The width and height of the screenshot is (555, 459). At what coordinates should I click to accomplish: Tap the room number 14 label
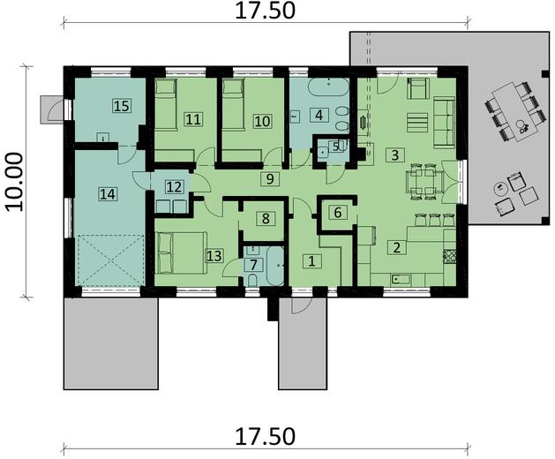point(108,192)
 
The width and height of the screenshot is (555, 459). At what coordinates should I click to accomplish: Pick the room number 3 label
point(396,154)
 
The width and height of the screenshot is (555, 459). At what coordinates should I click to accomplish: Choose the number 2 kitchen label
point(397,248)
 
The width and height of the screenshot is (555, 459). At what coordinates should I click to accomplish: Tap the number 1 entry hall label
point(310,260)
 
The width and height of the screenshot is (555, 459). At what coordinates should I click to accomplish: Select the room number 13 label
point(213,256)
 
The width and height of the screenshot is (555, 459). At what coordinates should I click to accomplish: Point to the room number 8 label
point(262,217)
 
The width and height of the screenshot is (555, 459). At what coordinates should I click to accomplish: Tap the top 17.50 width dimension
point(264,12)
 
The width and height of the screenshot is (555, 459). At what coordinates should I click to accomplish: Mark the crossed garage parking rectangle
point(110,260)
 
